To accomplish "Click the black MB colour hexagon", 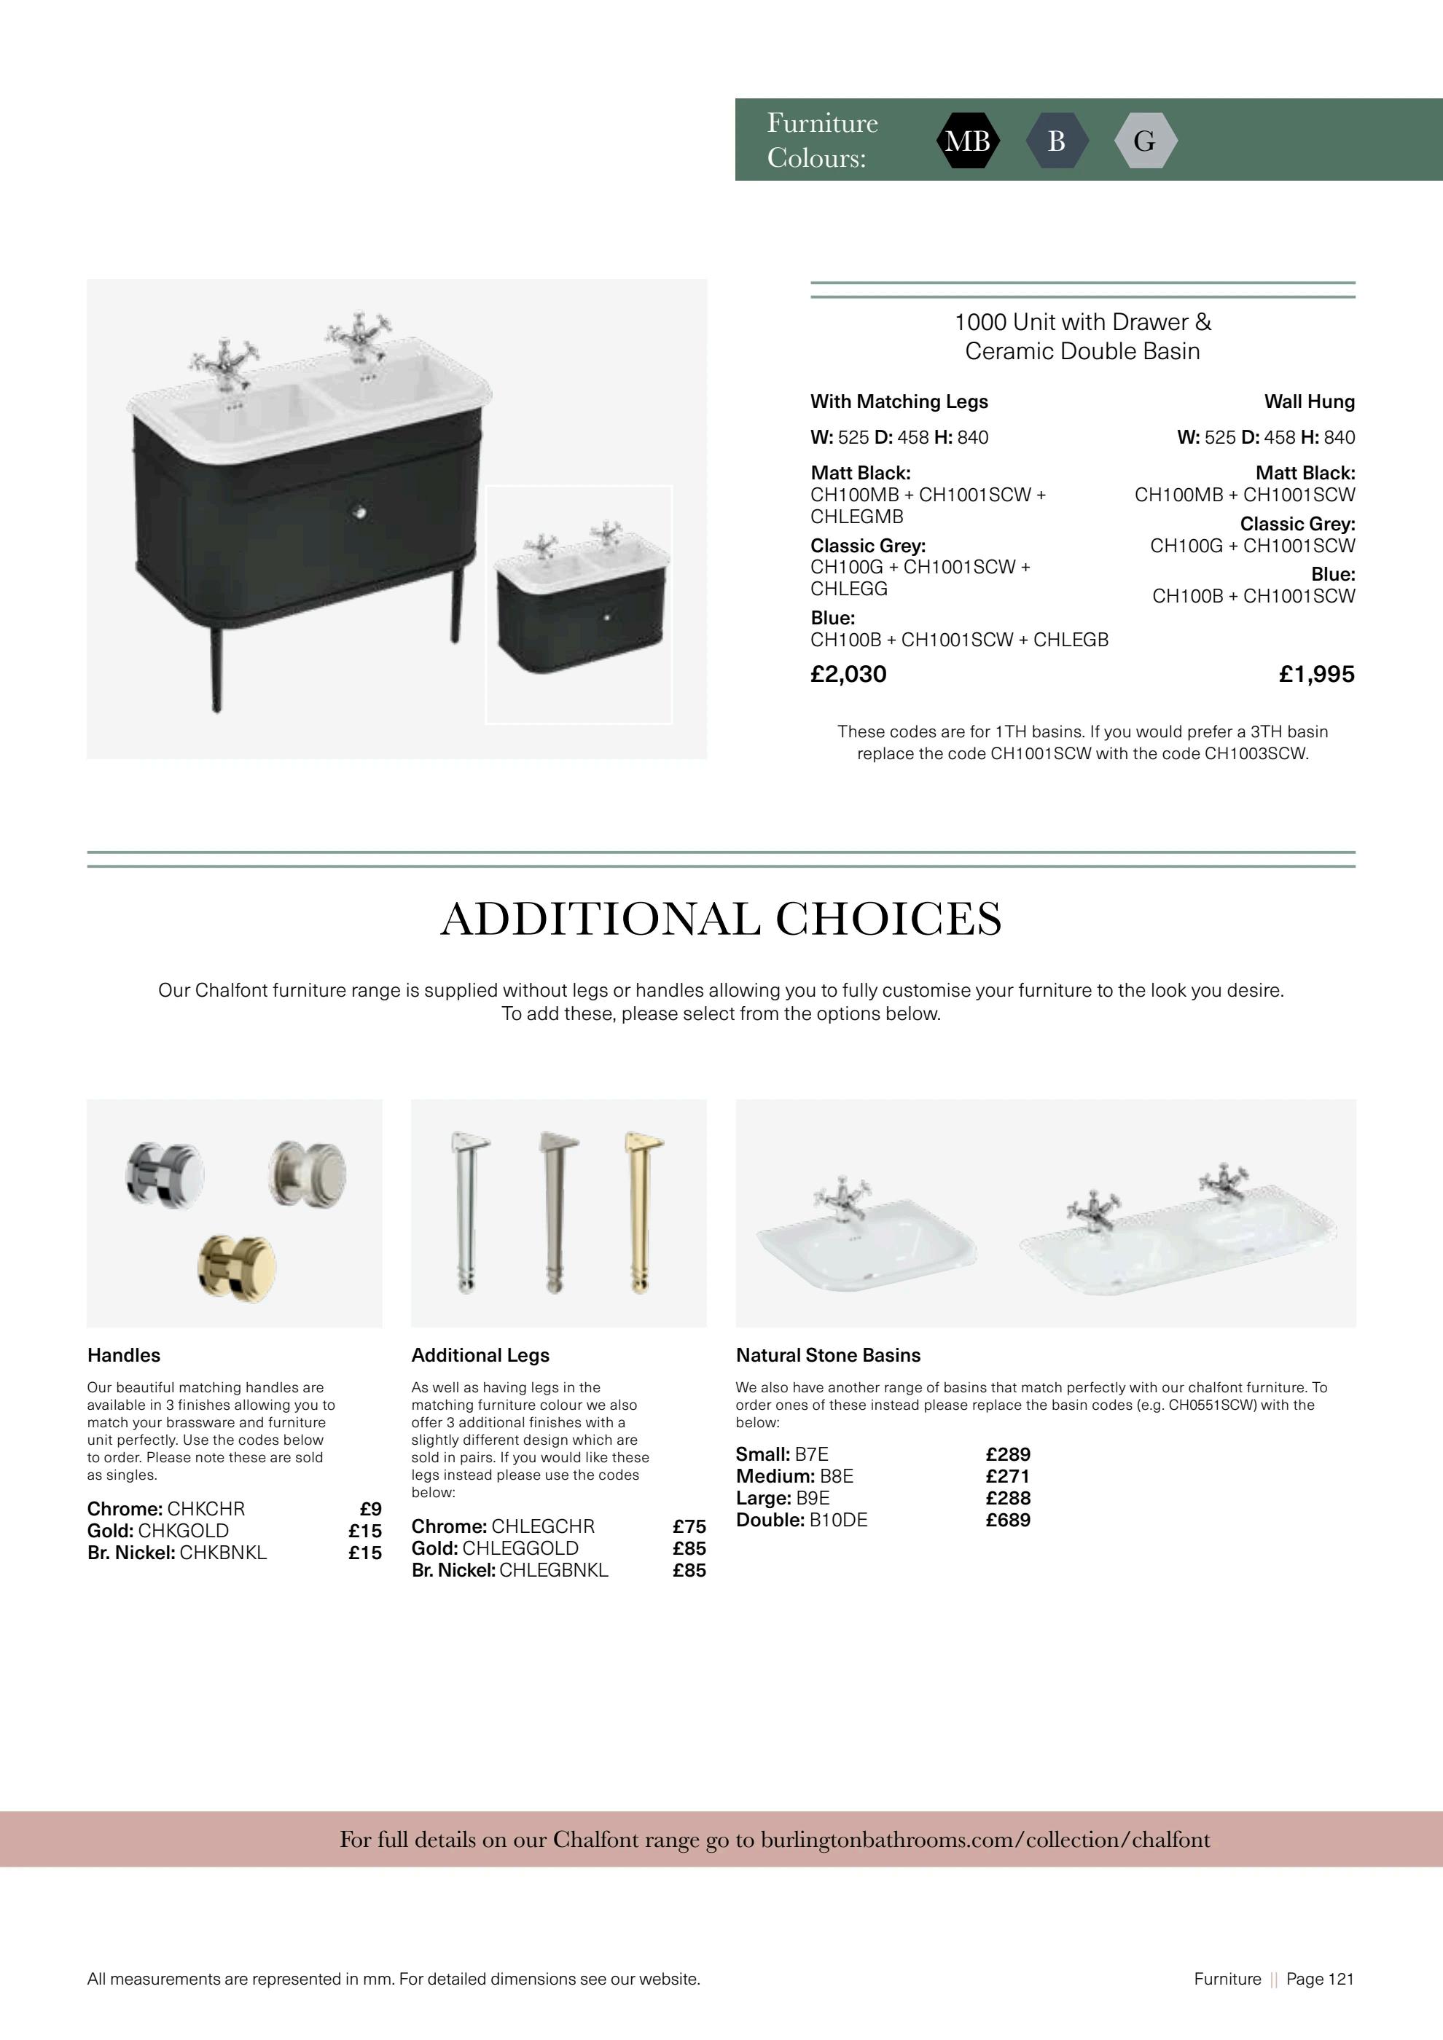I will tap(968, 141).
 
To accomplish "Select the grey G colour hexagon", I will tap(1146, 141).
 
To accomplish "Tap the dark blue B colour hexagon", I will tap(1057, 141).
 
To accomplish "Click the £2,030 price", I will tap(848, 675).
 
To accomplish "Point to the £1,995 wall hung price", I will tap(1317, 675).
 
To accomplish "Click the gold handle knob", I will tap(236, 1268).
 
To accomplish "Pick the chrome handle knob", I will tap(165, 1173).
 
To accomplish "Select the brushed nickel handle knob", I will tap(308, 1172).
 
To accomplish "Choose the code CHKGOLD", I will tap(184, 1531).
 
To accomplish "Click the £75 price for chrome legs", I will tap(689, 1526).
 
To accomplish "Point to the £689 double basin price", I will tap(1009, 1521).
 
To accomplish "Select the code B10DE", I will tap(838, 1521).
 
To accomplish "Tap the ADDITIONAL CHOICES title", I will tap(721, 919).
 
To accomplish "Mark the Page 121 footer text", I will tap(1320, 1979).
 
